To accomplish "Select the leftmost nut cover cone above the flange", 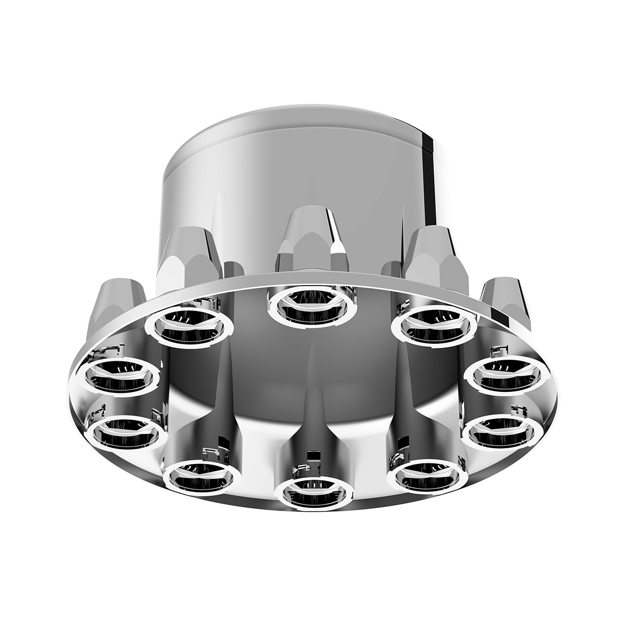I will pos(118,303).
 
